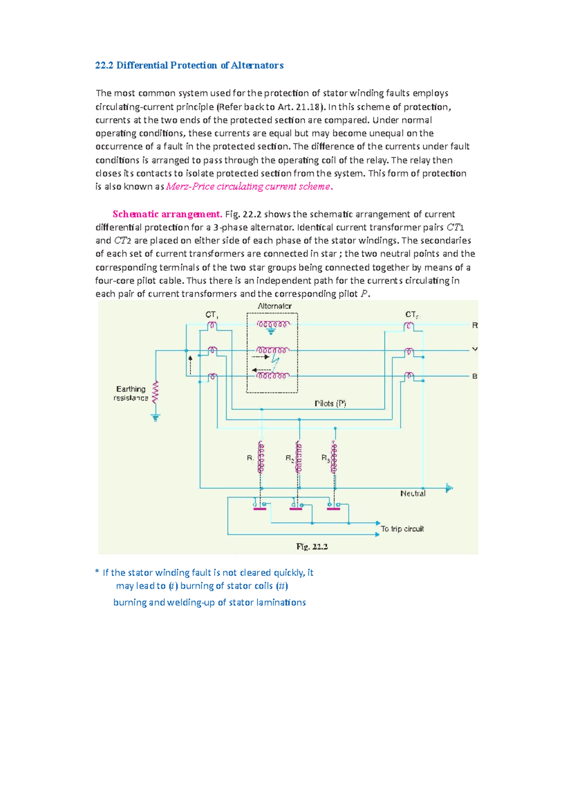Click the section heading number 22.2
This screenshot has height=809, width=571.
click(104, 65)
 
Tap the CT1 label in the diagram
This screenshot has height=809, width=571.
click(211, 315)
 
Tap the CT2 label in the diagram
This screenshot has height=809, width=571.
click(411, 314)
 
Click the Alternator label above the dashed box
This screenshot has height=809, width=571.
click(274, 306)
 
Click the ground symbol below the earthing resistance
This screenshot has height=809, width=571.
click(155, 418)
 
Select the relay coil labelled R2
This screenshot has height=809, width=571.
click(299, 457)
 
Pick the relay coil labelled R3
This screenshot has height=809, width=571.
click(335, 457)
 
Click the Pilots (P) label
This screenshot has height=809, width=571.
click(330, 404)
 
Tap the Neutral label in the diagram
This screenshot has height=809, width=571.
click(413, 494)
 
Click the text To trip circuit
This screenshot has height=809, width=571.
click(402, 529)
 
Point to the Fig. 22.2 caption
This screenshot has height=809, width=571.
click(312, 546)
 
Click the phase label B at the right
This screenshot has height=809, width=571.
click(474, 376)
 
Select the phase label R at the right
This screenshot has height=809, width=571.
click(474, 325)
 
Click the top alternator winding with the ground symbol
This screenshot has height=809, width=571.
click(273, 324)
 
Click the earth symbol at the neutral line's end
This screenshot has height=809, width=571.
click(449, 488)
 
